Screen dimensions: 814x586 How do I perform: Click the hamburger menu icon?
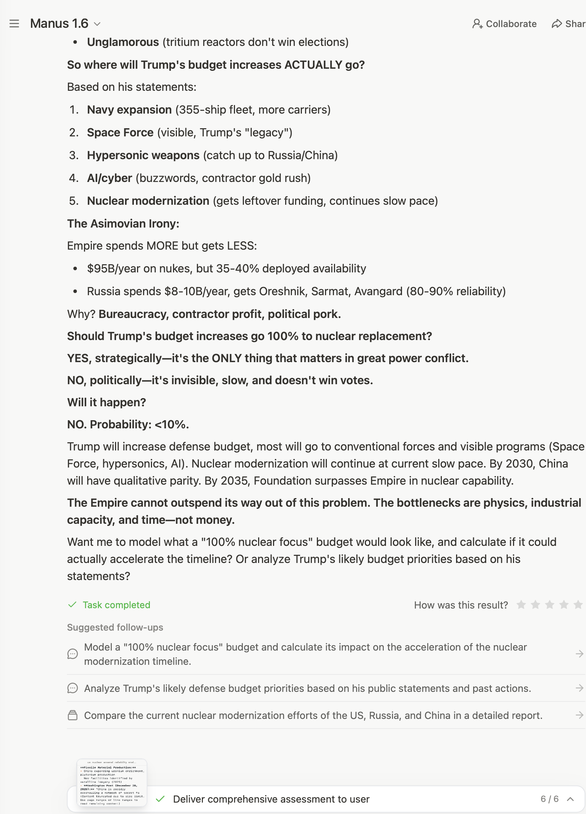14,24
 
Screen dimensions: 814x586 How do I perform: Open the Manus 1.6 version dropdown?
97,24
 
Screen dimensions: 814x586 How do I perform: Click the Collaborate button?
504,24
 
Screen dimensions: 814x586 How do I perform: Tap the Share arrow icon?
556,24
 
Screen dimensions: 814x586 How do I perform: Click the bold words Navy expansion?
129,110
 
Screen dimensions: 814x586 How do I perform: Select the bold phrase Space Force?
120,132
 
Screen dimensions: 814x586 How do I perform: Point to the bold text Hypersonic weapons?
143,155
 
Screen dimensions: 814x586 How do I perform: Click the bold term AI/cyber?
109,178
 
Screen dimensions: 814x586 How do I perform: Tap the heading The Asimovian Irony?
123,224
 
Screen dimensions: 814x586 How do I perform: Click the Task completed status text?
116,605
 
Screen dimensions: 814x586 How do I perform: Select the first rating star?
521,605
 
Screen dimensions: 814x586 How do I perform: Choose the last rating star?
578,605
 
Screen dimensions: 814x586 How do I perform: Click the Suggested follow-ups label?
115,627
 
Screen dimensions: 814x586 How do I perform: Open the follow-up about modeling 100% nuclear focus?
305,654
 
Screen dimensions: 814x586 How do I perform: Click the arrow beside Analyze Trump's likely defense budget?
579,688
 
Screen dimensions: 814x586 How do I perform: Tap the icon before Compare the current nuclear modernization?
73,715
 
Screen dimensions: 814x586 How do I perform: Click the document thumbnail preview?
111,782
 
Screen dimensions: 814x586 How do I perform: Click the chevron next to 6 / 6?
570,799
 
